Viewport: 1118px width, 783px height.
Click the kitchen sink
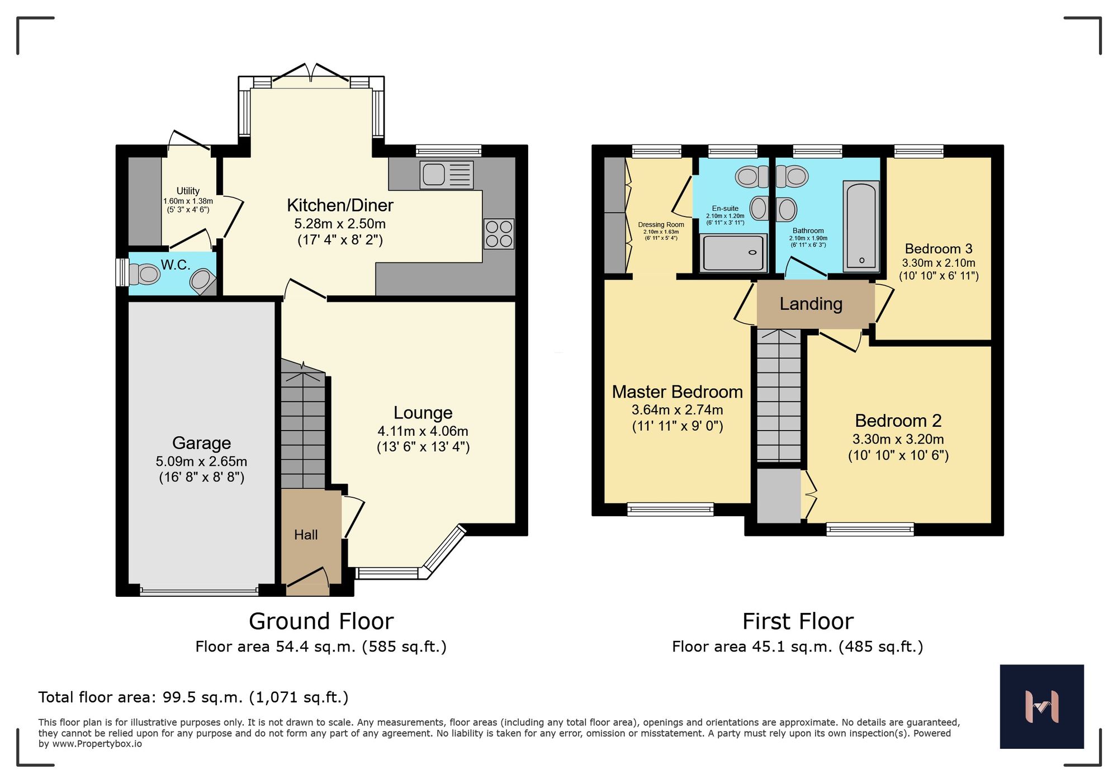click(x=446, y=174)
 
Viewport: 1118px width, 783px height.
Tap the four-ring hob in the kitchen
click(x=499, y=234)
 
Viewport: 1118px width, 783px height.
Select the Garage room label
click(x=201, y=443)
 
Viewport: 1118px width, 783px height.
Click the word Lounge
click(x=423, y=413)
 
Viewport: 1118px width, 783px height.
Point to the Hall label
click(x=306, y=535)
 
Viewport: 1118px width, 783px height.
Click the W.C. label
click(x=176, y=265)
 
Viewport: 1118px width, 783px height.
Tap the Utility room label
click(x=188, y=191)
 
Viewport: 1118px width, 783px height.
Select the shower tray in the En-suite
click(x=733, y=253)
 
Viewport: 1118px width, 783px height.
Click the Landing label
click(x=811, y=304)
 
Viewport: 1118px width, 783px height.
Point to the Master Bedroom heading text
click(x=677, y=392)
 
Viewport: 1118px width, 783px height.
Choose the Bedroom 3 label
click(x=939, y=249)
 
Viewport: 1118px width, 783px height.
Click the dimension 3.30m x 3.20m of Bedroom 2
click(x=898, y=439)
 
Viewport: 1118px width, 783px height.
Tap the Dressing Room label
click(x=661, y=225)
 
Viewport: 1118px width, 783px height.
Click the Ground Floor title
click(x=321, y=621)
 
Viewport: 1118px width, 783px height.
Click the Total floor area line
click(x=193, y=697)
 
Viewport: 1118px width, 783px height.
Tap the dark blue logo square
click(x=1041, y=706)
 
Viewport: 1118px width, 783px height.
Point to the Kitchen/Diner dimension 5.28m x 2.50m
click(x=340, y=224)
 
